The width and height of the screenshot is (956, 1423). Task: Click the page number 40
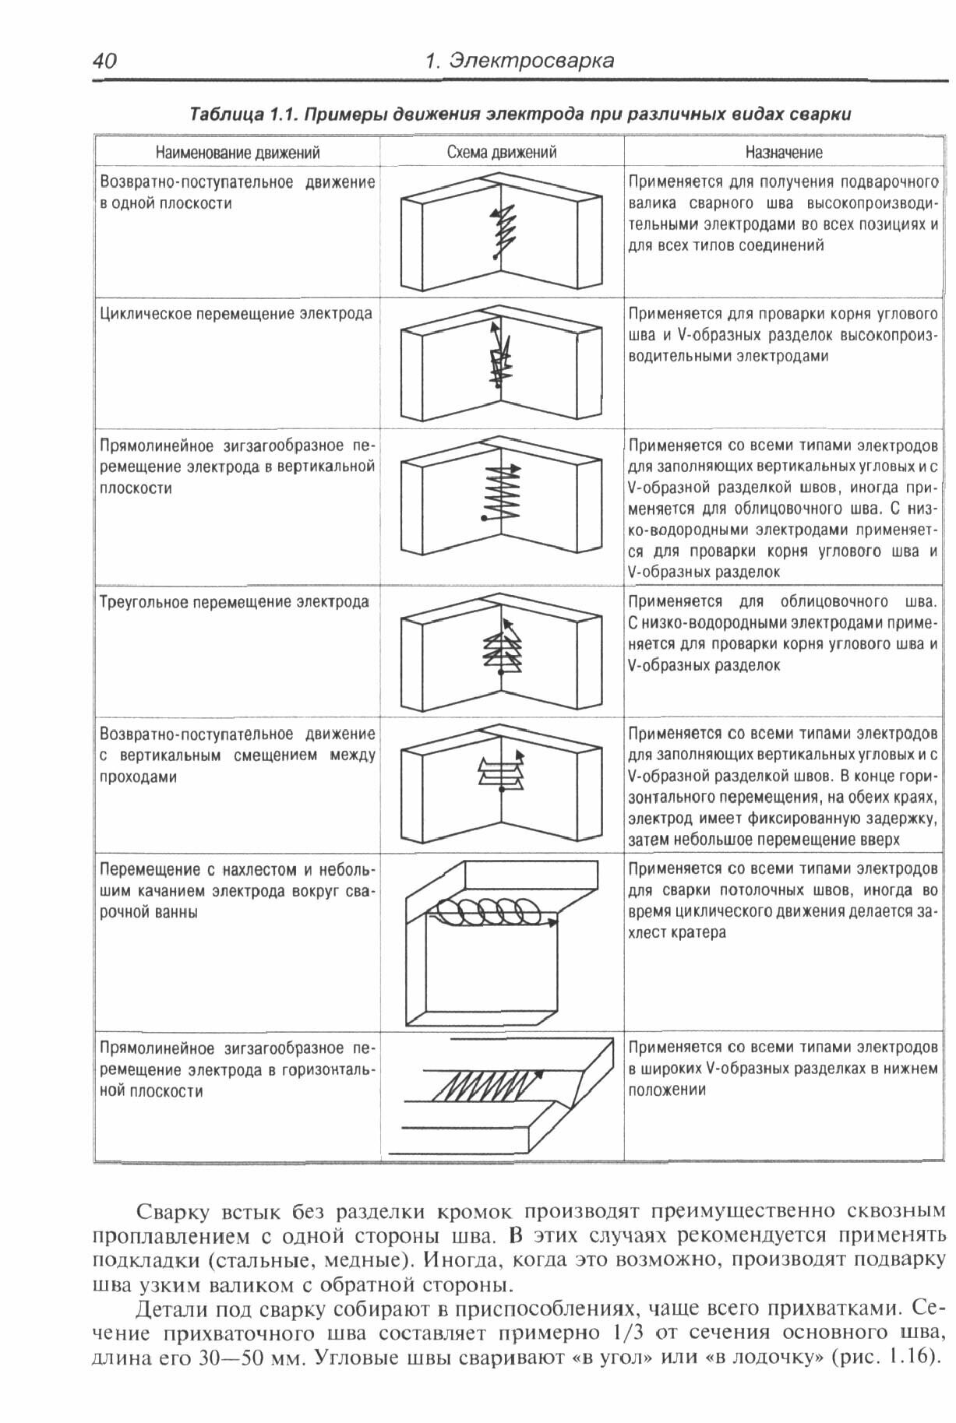click(104, 61)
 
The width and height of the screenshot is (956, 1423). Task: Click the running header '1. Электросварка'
click(520, 61)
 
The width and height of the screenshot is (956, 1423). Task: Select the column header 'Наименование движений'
click(237, 153)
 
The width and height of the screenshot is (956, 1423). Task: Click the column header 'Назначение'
click(783, 153)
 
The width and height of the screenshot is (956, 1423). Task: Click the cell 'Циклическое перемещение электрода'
click(236, 314)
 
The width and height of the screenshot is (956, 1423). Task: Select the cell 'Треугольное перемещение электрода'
click(235, 602)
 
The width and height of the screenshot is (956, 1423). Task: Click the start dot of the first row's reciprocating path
click(495, 255)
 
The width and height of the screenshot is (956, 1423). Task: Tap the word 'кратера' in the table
click(677, 933)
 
